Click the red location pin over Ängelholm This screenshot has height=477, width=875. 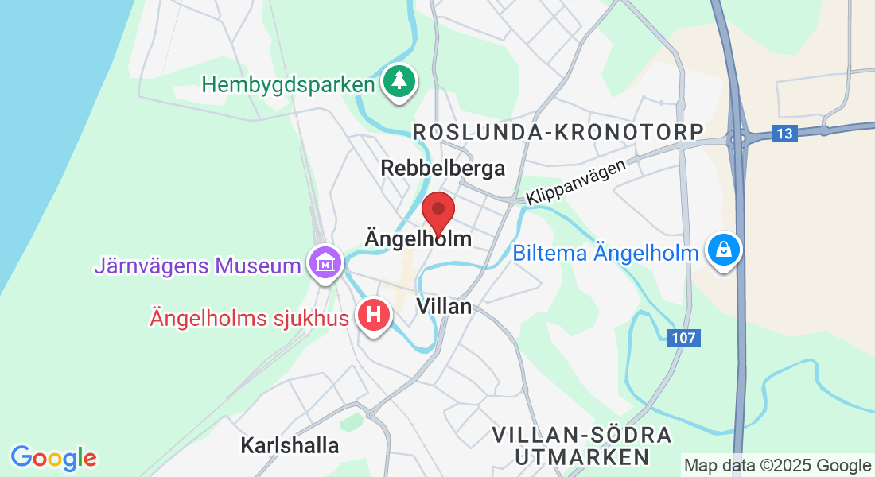point(437,211)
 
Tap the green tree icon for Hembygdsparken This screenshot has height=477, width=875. point(399,82)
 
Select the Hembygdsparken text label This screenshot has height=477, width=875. point(288,85)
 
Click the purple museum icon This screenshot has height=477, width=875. point(325,262)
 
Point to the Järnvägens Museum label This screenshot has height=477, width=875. point(196,266)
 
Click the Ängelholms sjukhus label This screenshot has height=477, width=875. point(250,319)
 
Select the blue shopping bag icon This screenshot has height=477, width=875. point(724,250)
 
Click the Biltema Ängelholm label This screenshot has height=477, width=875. point(605,254)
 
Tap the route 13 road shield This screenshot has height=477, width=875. point(784,134)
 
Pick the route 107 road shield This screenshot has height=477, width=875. point(682,338)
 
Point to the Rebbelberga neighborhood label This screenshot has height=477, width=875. point(443,168)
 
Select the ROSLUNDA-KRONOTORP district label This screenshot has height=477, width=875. point(558,132)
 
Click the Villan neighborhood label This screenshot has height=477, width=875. point(445,306)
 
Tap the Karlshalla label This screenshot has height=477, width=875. point(290,445)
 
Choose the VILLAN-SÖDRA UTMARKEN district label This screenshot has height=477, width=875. point(581,446)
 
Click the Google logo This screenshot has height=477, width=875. point(53,458)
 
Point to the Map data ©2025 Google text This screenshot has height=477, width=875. point(777,466)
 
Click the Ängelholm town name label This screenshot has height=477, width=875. point(418,238)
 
